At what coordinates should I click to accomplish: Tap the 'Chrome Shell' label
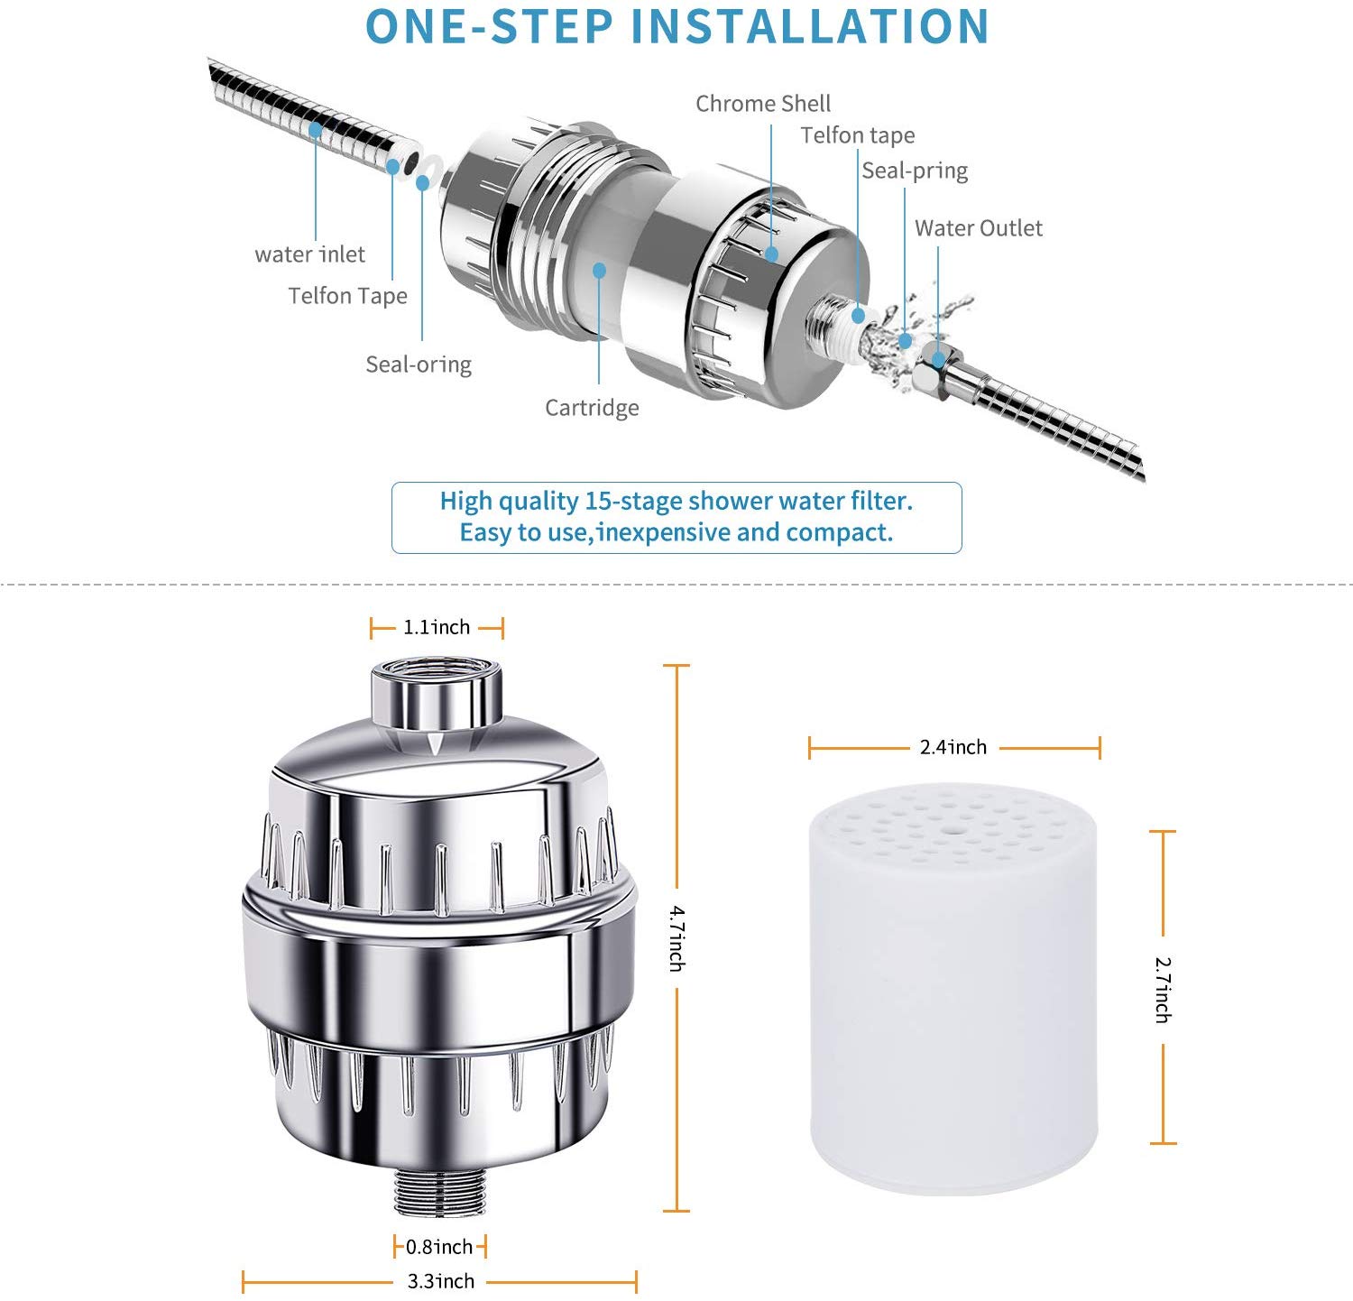coord(763,104)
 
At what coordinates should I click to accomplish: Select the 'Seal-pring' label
coord(915,171)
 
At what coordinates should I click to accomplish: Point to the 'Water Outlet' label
coord(979,228)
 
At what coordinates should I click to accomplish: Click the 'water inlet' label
coord(309,254)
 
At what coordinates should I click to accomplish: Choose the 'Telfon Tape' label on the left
coord(348,296)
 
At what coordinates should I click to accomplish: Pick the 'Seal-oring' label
coord(419,364)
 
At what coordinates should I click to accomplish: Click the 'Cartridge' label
coord(592,408)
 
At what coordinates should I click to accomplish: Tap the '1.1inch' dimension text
coord(437,627)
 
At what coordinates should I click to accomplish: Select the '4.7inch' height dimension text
coord(676,939)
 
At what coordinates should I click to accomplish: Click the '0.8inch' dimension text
coord(439,1247)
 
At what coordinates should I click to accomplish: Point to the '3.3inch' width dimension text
coord(440,1281)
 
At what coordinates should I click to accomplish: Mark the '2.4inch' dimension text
coord(953,747)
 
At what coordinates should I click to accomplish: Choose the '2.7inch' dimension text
coord(1163,990)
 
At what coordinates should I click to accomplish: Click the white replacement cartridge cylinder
coord(953,988)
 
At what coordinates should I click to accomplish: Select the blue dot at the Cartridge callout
coord(599,270)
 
